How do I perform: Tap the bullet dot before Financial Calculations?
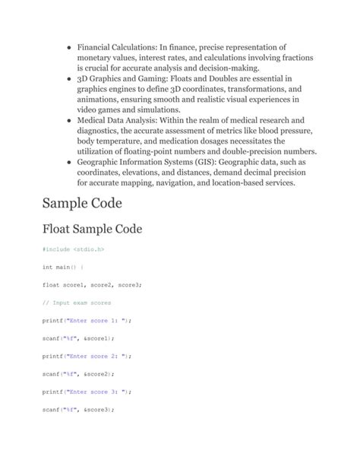point(69,47)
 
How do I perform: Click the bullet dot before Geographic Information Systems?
point(69,162)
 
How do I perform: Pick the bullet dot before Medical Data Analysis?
point(69,120)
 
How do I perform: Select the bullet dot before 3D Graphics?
point(69,78)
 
